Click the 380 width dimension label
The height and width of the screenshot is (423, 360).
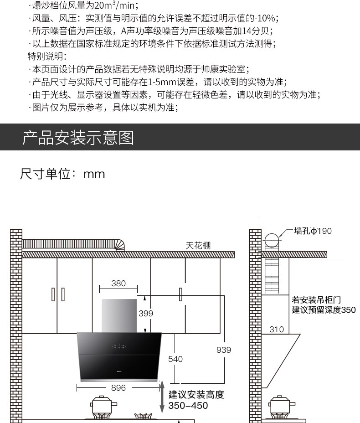point(118,284)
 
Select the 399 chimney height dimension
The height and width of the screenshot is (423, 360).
point(146,314)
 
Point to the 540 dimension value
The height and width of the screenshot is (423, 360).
point(175,359)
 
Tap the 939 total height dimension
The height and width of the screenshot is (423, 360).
point(224,350)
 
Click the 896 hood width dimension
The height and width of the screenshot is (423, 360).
point(118,388)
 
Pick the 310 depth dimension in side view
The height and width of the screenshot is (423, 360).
point(277,330)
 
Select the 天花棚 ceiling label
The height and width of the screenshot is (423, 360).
point(198,246)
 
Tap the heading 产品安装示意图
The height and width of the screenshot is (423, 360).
point(78,137)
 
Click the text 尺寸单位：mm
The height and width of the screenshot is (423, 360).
point(62,174)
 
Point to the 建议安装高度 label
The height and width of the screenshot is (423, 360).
point(196,395)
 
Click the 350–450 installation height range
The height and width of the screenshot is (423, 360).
point(188,406)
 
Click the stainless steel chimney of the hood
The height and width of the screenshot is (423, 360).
point(119,315)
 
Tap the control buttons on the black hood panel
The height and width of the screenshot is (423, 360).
point(119,347)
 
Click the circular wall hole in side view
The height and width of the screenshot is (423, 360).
point(272,240)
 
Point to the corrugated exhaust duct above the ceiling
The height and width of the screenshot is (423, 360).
point(73,244)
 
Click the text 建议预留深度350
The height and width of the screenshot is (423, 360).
point(324,310)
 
